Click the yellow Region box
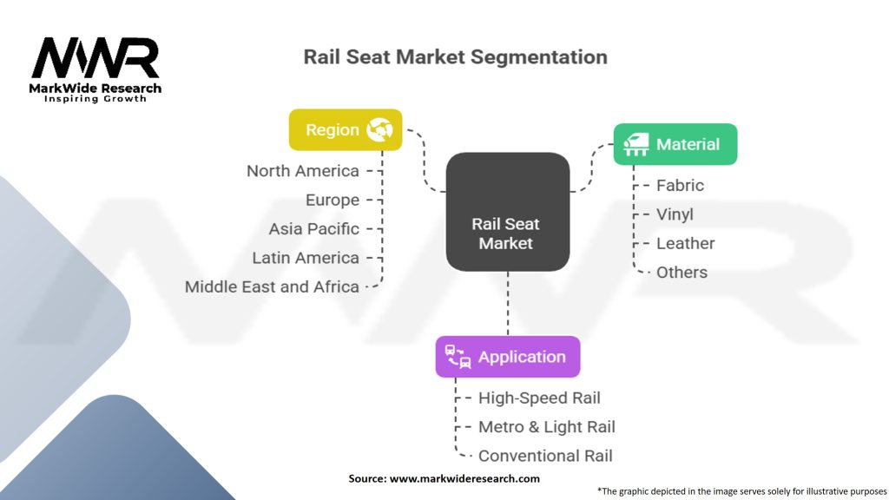click(x=345, y=130)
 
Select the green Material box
click(x=675, y=144)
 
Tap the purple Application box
click(x=507, y=357)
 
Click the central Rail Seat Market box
click(x=507, y=213)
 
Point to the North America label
click(x=303, y=171)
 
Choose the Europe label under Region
click(x=333, y=200)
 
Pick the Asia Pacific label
click(x=314, y=229)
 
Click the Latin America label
click(x=306, y=258)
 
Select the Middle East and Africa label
click(x=273, y=286)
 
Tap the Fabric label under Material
click(x=680, y=185)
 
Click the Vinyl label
click(x=675, y=214)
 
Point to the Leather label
click(x=686, y=243)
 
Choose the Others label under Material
click(x=682, y=273)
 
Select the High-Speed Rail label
click(x=539, y=398)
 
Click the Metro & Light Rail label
click(x=547, y=426)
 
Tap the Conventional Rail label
click(x=545, y=456)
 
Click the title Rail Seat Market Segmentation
click(x=455, y=57)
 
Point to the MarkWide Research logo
click(x=95, y=67)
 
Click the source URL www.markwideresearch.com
click(x=465, y=478)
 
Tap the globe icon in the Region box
click(x=380, y=130)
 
